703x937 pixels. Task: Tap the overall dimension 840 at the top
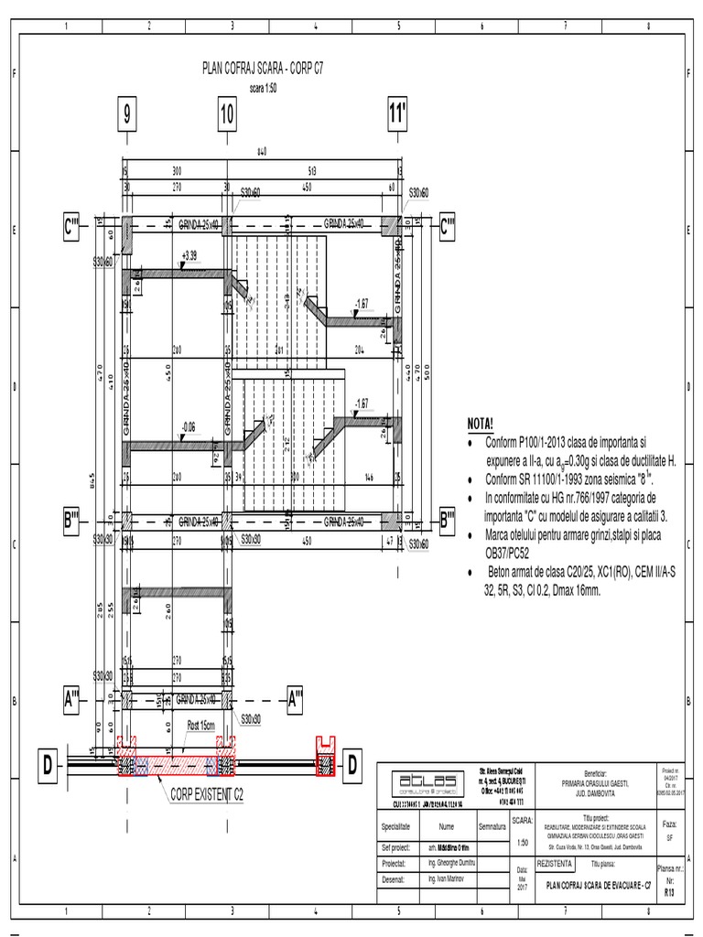point(262,152)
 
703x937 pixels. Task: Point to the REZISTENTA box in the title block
point(557,863)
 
